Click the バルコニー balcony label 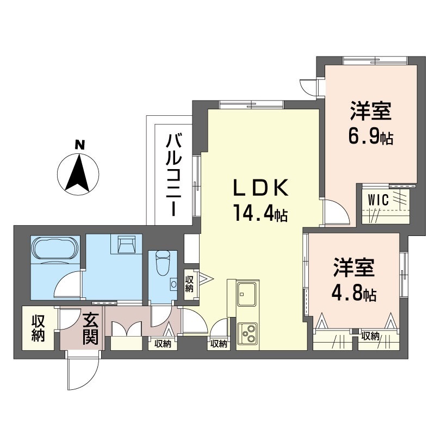[x=173, y=175]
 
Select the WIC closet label [x=378, y=200]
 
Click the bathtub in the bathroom [x=55, y=248]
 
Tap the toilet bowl [x=163, y=263]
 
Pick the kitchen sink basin [x=246, y=294]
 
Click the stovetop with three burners [x=247, y=333]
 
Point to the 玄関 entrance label [x=90, y=329]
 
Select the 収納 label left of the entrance [x=38, y=328]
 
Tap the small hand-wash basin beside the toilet [x=174, y=284]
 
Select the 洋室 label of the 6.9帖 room [x=371, y=111]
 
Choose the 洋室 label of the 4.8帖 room [x=354, y=268]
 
